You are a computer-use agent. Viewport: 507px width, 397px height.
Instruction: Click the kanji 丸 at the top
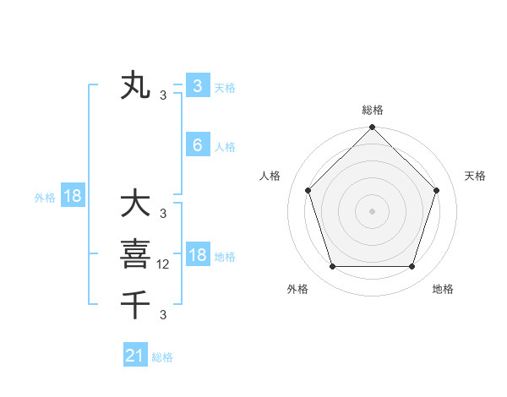(135, 86)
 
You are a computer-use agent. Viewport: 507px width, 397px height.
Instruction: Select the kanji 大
(135, 204)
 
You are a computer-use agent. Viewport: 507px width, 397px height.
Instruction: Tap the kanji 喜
(135, 253)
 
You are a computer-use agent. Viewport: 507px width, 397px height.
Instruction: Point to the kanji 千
(135, 302)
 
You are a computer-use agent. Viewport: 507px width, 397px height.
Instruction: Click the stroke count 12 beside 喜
(164, 264)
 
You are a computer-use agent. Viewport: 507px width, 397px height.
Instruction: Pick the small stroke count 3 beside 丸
(163, 95)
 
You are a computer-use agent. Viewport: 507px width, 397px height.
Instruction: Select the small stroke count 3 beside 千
(163, 315)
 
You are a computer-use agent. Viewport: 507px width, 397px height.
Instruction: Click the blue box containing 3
(197, 85)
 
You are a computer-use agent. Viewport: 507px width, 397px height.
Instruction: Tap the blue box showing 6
(197, 145)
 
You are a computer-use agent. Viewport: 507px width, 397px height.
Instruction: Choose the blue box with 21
(134, 356)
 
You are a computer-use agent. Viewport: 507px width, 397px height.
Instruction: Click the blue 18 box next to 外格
(73, 196)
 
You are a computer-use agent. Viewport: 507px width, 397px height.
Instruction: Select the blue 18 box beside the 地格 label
(197, 255)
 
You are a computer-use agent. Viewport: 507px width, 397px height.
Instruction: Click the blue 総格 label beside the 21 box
(162, 357)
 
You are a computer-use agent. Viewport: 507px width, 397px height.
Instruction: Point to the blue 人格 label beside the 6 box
(225, 147)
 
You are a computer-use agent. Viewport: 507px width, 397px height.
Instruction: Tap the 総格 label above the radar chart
(372, 110)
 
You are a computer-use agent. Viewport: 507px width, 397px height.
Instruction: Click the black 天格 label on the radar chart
(475, 176)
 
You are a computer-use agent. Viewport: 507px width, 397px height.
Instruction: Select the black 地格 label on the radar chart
(443, 289)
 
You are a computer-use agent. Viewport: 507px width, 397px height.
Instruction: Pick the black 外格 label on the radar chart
(297, 289)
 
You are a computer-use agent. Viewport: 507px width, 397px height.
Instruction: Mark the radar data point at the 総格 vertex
(372, 128)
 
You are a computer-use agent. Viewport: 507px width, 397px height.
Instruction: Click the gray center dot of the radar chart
(372, 210)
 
